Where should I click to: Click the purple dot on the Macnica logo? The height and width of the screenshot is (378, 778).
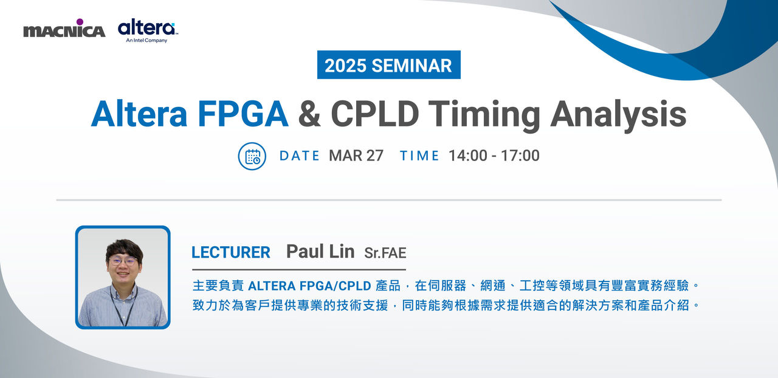[80, 22]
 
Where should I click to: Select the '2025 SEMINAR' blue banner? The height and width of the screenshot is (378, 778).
[388, 64]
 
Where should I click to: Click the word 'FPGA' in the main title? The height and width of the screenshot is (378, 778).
[243, 114]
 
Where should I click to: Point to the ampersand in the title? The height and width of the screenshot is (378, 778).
[309, 114]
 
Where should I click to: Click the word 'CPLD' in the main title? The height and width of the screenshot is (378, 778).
[375, 114]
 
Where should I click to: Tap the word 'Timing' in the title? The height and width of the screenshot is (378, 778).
[484, 116]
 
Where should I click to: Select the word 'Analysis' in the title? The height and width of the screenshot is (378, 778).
[619, 116]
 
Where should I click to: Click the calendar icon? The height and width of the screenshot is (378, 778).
[252, 156]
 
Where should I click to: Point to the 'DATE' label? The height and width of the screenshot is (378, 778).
[300, 156]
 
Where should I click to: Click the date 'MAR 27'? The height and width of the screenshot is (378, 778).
[356, 156]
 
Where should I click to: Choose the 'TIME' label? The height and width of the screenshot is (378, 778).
[419, 156]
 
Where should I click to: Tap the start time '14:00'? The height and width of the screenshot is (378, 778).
[468, 156]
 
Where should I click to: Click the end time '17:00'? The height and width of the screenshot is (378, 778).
[520, 156]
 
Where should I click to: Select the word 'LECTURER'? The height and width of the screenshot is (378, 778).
[231, 252]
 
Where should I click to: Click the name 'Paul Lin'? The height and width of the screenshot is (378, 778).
[320, 252]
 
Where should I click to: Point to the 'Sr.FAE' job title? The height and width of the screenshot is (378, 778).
[385, 253]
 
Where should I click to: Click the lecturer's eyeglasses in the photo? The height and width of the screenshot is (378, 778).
[123, 261]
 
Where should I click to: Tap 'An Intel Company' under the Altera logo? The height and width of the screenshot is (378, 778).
[146, 40]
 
